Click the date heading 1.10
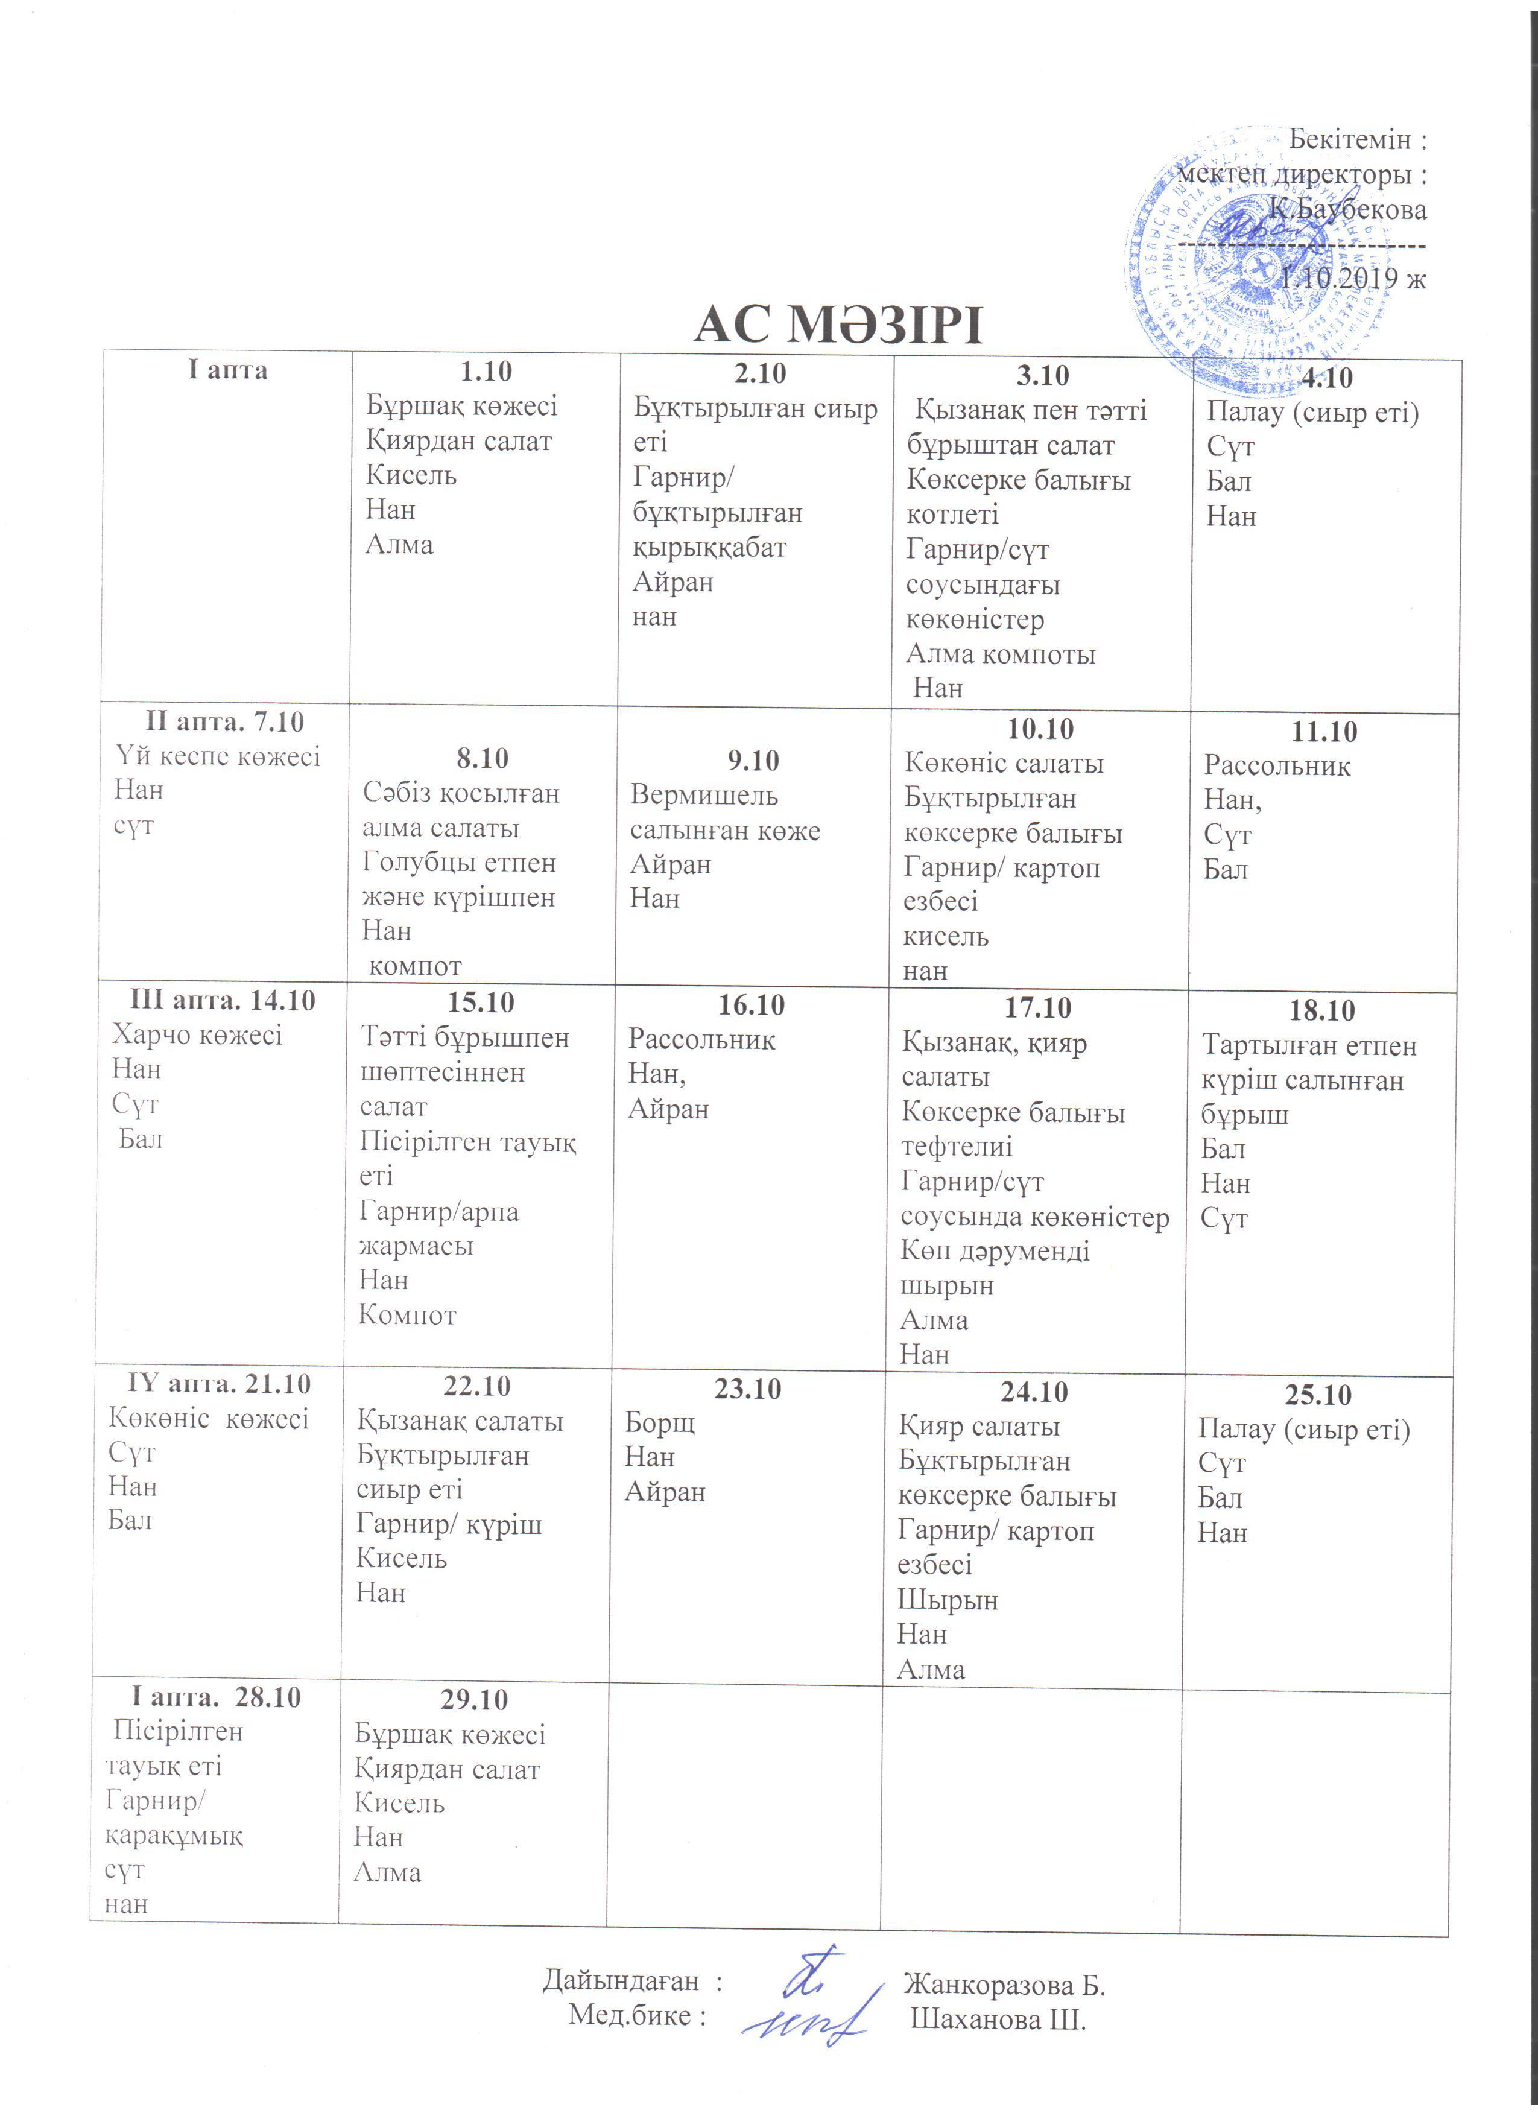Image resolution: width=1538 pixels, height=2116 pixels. coord(486,372)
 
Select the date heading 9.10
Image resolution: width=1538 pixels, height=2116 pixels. coord(753,761)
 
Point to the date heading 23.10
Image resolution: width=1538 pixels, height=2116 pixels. coord(748,1389)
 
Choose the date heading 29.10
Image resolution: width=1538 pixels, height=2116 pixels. coord(474,1699)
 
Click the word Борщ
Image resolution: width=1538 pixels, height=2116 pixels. coord(659,1423)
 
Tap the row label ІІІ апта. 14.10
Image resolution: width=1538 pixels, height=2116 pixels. coord(223,1000)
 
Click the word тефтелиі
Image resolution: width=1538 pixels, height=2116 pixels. coord(956,1147)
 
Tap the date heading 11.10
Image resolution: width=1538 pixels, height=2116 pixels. coord(1323,732)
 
